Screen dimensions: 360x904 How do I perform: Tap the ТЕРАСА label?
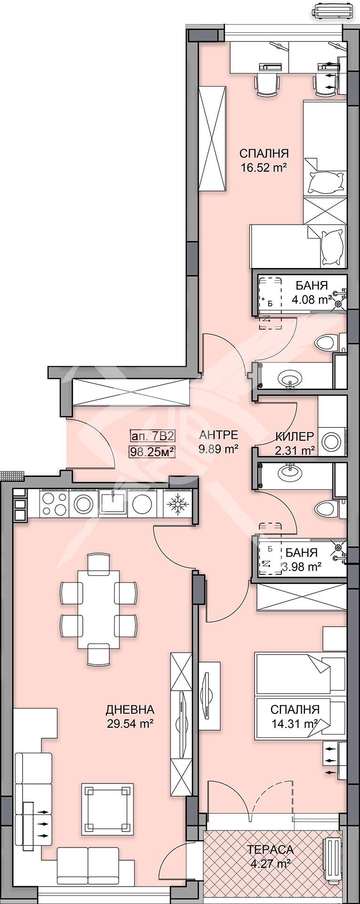tap(271, 850)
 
